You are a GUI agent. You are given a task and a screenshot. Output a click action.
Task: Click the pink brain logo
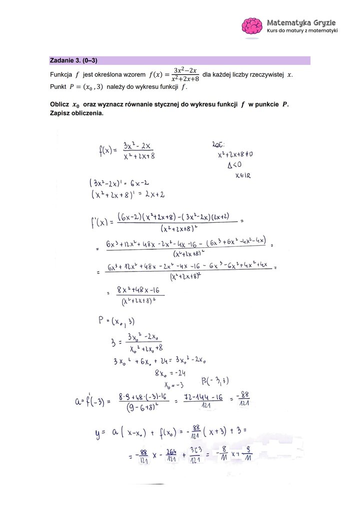[252, 27]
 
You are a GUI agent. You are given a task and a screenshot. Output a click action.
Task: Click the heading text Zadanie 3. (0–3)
[73, 60]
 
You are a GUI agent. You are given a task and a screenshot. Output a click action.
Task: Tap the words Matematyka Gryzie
[301, 22]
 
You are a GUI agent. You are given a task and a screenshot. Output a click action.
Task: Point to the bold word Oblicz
[59, 104]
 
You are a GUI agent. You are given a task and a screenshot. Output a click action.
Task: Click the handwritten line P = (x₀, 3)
[116, 321]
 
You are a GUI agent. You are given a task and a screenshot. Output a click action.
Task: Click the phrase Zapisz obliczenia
[76, 113]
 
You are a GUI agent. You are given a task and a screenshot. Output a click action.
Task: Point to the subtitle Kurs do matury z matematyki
[302, 31]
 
